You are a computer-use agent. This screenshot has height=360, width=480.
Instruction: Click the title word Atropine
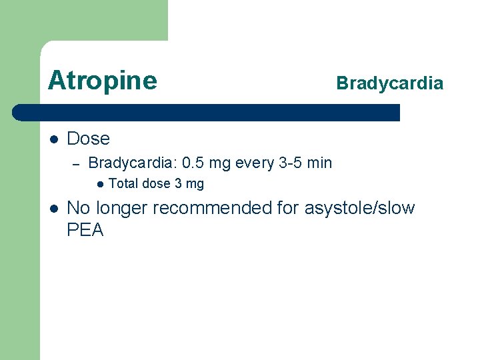(103, 81)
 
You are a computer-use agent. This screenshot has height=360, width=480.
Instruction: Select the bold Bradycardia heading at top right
(389, 83)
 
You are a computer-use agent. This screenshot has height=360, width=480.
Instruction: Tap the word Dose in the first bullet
(88, 139)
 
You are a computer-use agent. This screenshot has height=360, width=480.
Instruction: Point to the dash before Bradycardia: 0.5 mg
(75, 163)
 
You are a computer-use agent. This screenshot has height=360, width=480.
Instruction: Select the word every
(257, 163)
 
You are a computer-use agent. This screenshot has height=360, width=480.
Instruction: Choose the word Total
(123, 184)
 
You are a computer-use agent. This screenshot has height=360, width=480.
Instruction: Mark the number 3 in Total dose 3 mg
(178, 184)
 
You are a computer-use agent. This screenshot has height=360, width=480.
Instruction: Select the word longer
(122, 209)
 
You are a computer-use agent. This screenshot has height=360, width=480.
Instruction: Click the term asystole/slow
(359, 209)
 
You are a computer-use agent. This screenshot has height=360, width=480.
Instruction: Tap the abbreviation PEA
(85, 231)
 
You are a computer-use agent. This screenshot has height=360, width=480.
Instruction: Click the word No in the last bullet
(79, 209)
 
